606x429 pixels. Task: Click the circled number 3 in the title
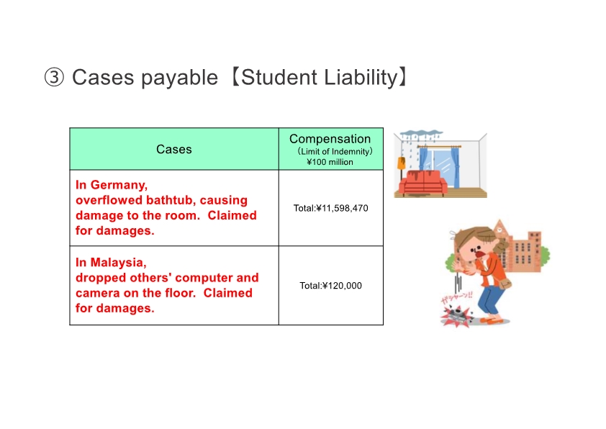pos(54,77)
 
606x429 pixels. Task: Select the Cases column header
pos(174,149)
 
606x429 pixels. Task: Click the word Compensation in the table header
pos(330,139)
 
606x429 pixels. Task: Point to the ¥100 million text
pos(330,162)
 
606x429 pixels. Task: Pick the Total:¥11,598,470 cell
pos(331,208)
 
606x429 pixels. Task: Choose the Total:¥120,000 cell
pos(331,286)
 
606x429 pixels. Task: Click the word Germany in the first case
pos(119,185)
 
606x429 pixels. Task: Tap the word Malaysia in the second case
pos(118,263)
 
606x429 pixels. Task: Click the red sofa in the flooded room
pos(422,182)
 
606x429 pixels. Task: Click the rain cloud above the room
pos(421,135)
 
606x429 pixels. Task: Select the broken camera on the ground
pos(458,315)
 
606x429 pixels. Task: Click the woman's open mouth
pos(479,256)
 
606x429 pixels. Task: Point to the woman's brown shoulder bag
pos(505,285)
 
